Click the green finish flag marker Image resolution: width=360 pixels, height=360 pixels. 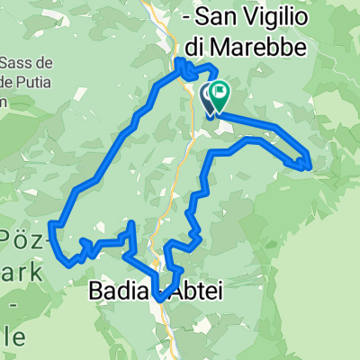point(218,93)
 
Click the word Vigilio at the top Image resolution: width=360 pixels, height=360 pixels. point(271,17)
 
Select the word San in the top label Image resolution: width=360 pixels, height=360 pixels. point(213,17)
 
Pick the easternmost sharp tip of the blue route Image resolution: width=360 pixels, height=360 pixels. point(310,166)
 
